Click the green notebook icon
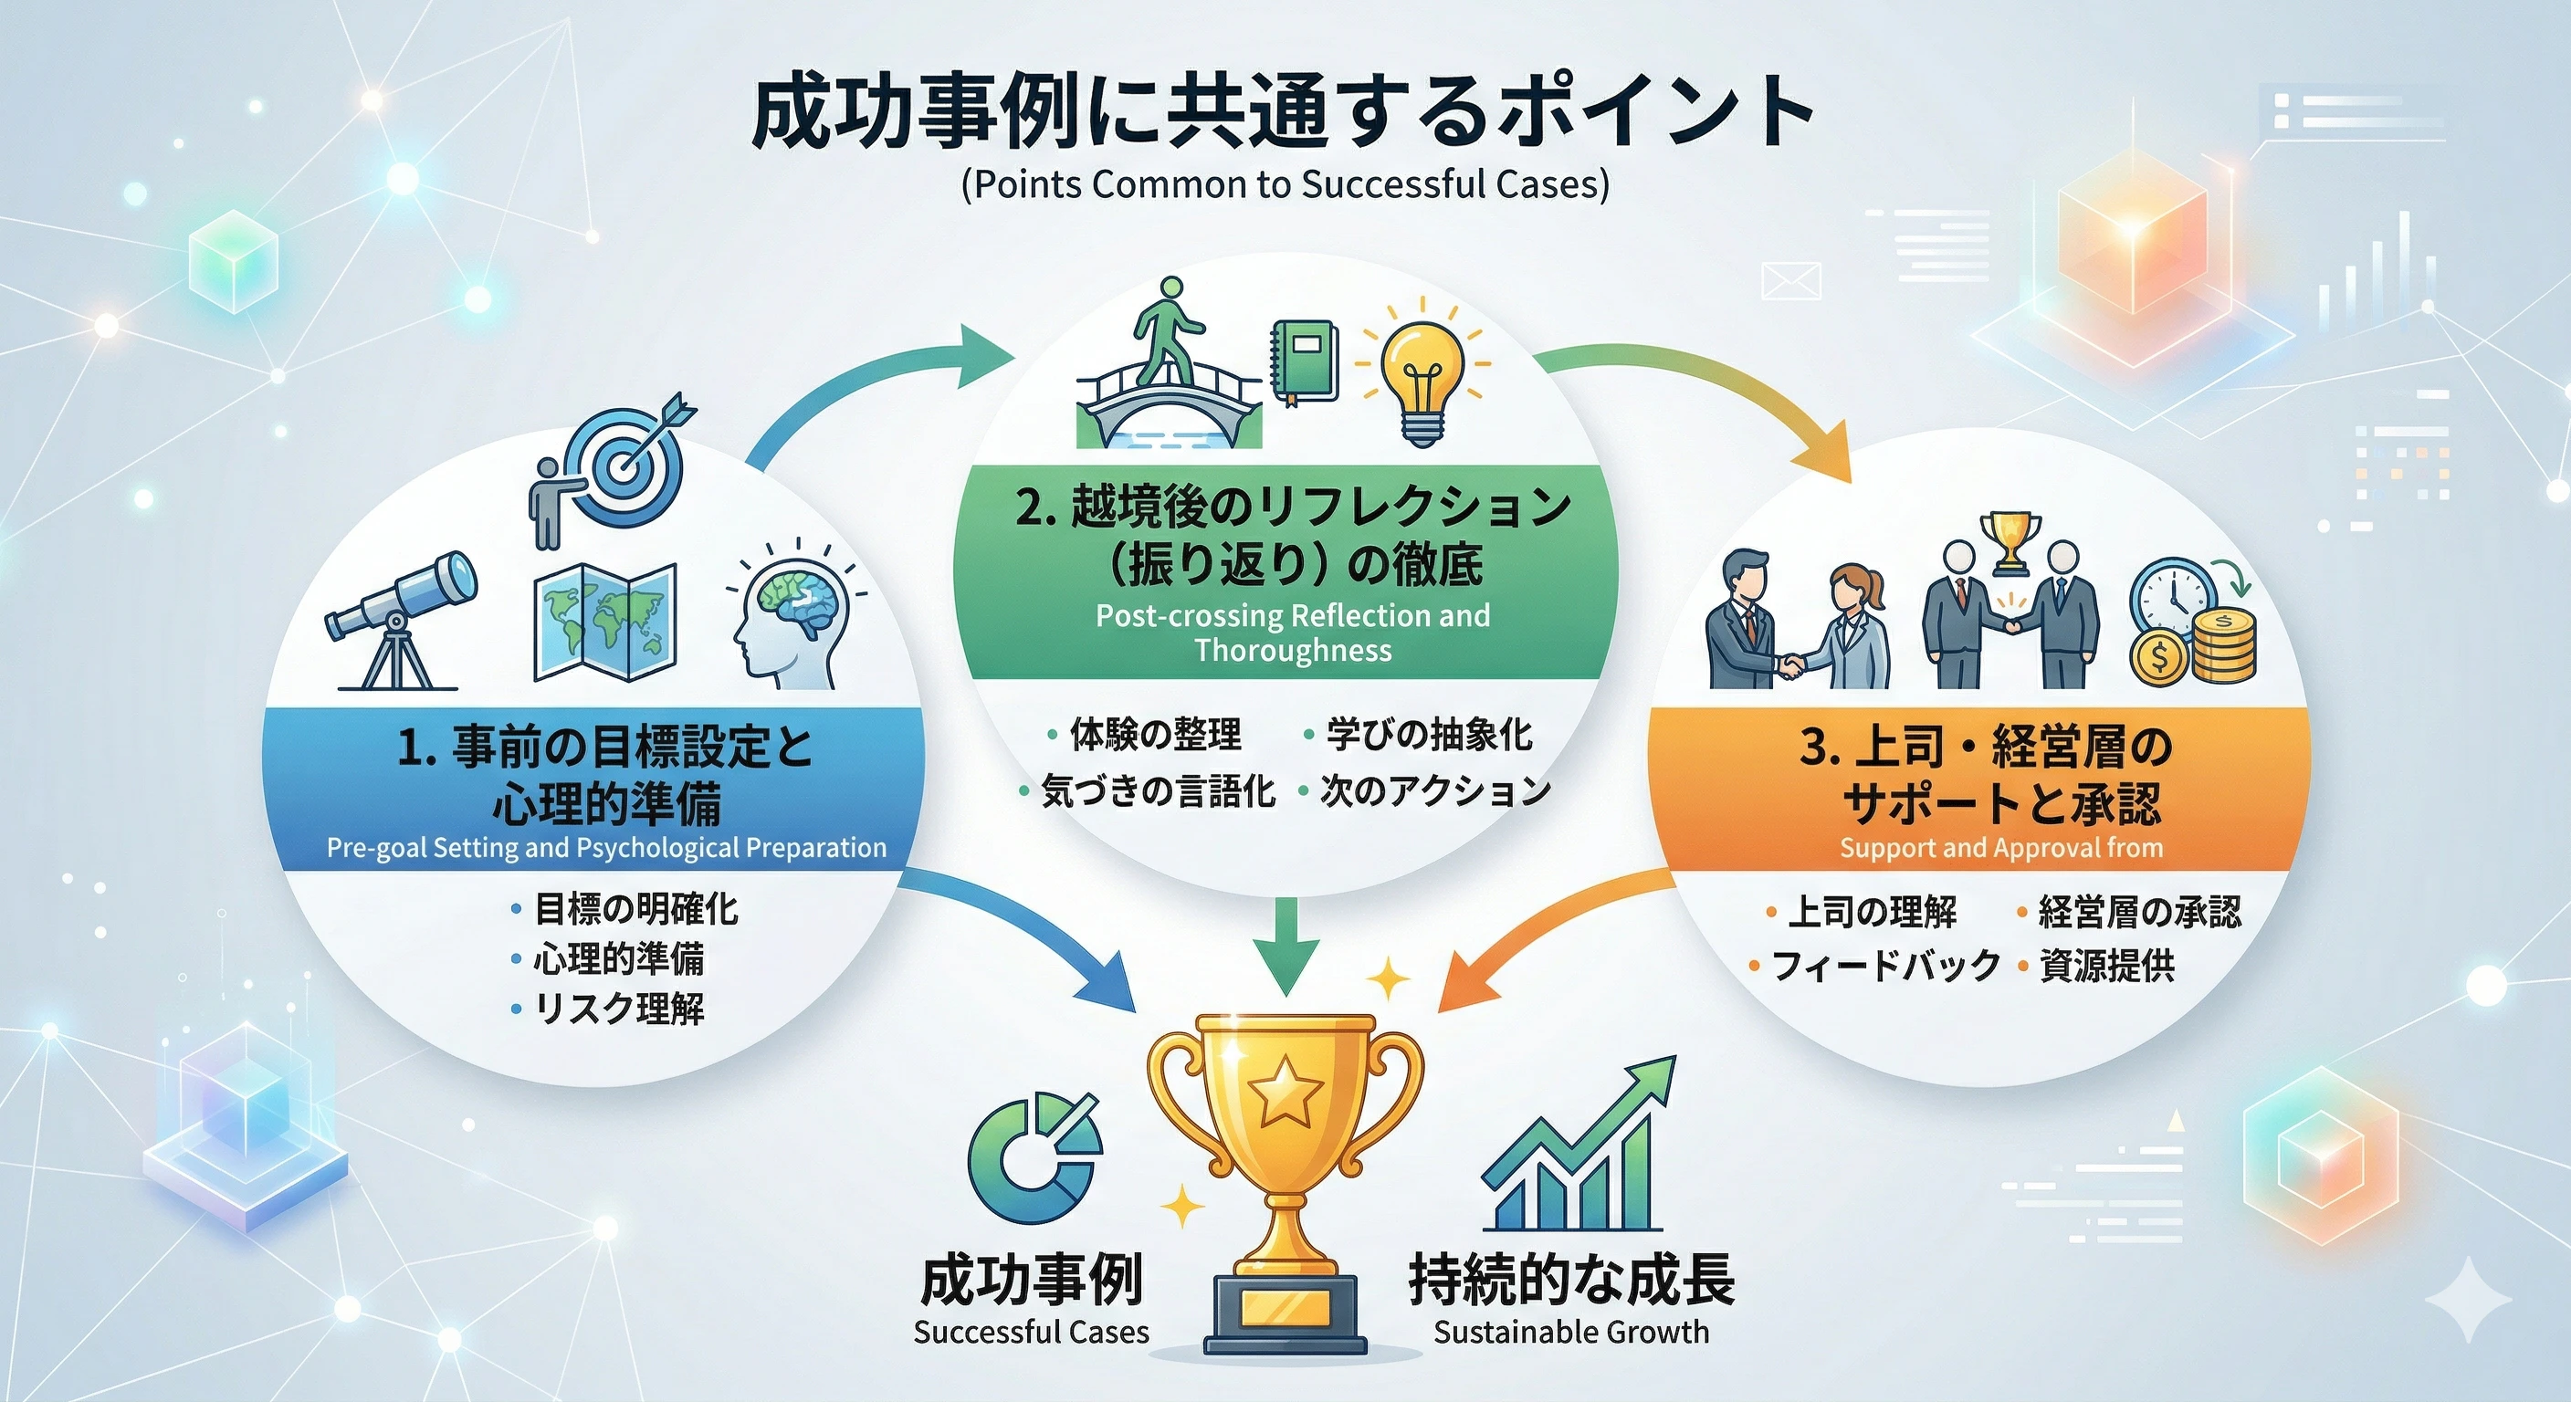click(1304, 362)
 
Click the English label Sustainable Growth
click(1571, 1331)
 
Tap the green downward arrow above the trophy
click(1286, 948)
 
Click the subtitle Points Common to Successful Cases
click(1285, 184)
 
